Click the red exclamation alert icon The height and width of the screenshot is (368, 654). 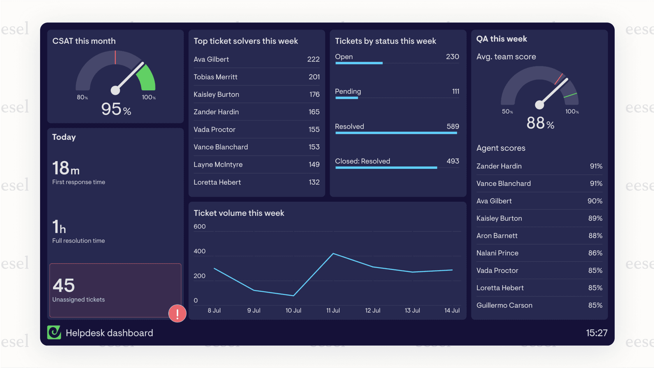pyautogui.click(x=177, y=313)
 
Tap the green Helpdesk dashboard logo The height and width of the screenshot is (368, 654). pyautogui.click(x=54, y=333)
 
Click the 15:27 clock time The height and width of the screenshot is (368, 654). pyautogui.click(x=596, y=333)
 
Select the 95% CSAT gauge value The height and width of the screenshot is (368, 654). pyautogui.click(x=116, y=109)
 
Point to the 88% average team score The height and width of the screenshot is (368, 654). pyautogui.click(x=540, y=123)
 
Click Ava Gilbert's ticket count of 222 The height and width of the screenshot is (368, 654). pyautogui.click(x=313, y=59)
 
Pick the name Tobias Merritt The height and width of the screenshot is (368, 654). pyautogui.click(x=215, y=77)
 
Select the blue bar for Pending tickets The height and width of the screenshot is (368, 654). pyautogui.click(x=346, y=98)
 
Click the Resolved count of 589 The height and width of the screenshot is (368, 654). pyautogui.click(x=453, y=126)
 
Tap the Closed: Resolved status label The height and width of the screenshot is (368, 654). pyautogui.click(x=362, y=161)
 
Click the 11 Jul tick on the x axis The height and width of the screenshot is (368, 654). pyautogui.click(x=333, y=310)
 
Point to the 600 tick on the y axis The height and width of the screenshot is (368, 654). pyautogui.click(x=200, y=227)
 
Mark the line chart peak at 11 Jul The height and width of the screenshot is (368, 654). pyautogui.click(x=333, y=254)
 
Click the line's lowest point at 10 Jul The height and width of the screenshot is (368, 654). pyautogui.click(x=293, y=296)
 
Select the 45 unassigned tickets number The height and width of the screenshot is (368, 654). pyautogui.click(x=63, y=285)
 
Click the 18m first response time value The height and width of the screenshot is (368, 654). pyautogui.click(x=66, y=168)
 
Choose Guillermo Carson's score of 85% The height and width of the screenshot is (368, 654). pyautogui.click(x=595, y=305)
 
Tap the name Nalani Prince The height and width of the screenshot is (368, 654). pyautogui.click(x=497, y=253)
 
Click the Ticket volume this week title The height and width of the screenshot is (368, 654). pyautogui.click(x=239, y=213)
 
